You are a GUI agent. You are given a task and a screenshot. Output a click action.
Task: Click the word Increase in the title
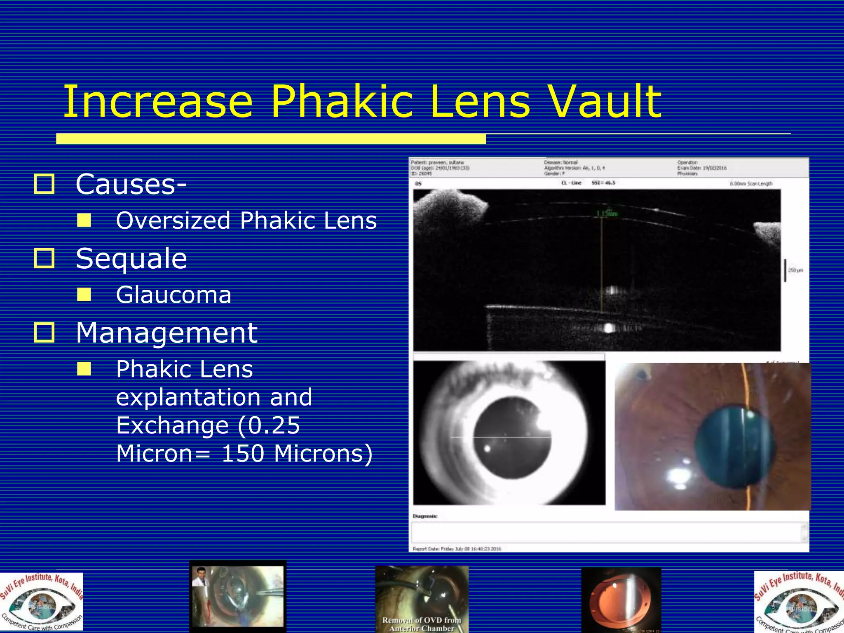(x=158, y=101)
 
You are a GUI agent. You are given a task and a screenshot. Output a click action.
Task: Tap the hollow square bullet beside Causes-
(x=44, y=184)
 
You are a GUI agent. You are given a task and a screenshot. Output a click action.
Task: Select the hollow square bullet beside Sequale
(x=44, y=258)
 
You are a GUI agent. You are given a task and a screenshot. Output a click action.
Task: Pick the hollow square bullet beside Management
(x=44, y=333)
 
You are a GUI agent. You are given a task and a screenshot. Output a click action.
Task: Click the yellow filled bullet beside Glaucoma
(x=84, y=295)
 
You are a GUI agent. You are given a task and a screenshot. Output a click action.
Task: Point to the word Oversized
(x=173, y=220)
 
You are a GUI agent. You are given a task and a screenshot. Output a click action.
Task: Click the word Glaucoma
(x=173, y=295)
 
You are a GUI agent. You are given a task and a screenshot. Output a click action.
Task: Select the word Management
(x=166, y=333)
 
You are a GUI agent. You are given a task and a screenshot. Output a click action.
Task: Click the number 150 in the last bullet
(x=243, y=453)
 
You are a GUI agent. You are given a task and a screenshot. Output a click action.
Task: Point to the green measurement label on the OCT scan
(x=607, y=213)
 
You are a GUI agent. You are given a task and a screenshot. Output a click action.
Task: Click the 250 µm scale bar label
(x=795, y=270)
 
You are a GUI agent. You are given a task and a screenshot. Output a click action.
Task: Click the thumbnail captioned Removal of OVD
(x=422, y=599)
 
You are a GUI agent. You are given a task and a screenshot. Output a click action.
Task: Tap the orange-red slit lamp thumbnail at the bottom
(x=621, y=600)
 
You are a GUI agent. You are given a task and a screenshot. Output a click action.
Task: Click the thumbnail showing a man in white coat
(x=238, y=596)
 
